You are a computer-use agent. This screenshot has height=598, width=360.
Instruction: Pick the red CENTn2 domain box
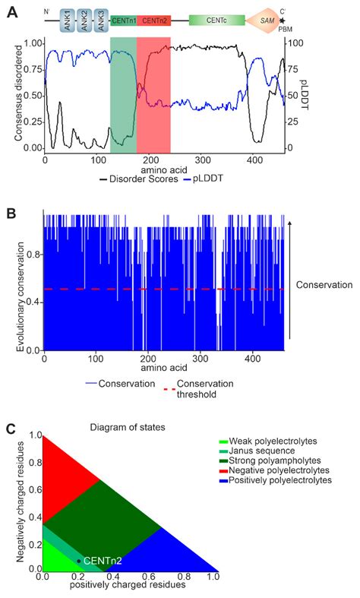tap(154, 20)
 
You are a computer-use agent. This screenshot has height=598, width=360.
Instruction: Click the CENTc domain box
tap(216, 20)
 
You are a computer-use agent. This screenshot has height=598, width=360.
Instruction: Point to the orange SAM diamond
tap(270, 20)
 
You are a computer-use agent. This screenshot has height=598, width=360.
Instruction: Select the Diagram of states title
tap(125, 427)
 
